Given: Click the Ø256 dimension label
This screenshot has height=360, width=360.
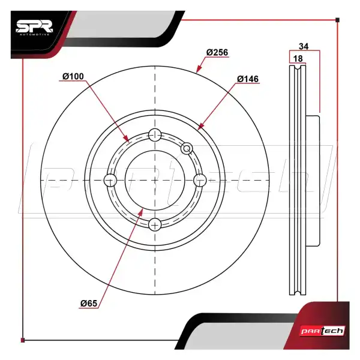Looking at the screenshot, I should (217, 53).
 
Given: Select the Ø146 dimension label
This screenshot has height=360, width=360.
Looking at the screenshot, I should (247, 79).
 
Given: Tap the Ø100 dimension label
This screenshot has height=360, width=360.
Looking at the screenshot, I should (73, 76).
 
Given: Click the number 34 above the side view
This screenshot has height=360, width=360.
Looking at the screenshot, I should (304, 46).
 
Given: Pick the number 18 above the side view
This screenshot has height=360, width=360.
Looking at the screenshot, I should (298, 58).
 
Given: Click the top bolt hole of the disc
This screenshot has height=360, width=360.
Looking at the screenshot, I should (155, 134).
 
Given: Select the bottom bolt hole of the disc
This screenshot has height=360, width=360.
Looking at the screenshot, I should (155, 224).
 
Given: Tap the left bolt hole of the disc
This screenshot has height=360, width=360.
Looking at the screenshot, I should (110, 180).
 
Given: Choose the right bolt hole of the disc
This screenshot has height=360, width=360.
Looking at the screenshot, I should (200, 180).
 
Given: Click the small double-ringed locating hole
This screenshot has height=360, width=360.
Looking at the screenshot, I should (187, 148).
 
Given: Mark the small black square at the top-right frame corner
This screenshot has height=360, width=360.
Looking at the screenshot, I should (338, 20).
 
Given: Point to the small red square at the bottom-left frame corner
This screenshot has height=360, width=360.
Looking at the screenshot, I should (23, 340).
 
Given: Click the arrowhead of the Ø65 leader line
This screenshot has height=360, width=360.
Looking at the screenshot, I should (142, 210).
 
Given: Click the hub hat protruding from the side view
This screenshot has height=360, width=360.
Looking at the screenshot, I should (314, 180).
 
